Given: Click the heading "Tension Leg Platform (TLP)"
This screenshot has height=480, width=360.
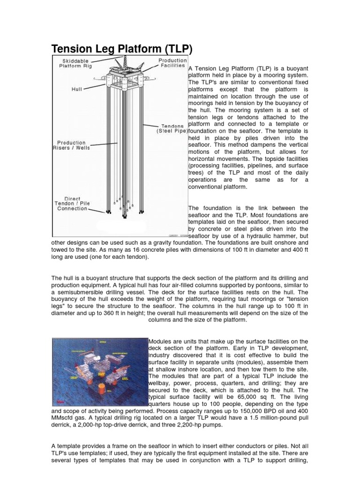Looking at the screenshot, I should pos(121,49).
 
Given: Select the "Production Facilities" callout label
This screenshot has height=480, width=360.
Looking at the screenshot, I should pos(172,63).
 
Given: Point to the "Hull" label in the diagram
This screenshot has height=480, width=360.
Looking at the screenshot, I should pos(77,88).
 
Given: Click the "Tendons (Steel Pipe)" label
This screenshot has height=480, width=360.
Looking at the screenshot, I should pos(172,128).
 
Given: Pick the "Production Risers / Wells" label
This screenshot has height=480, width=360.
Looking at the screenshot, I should pos(71,145).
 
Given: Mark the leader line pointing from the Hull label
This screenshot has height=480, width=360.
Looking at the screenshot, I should pos(96,87).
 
